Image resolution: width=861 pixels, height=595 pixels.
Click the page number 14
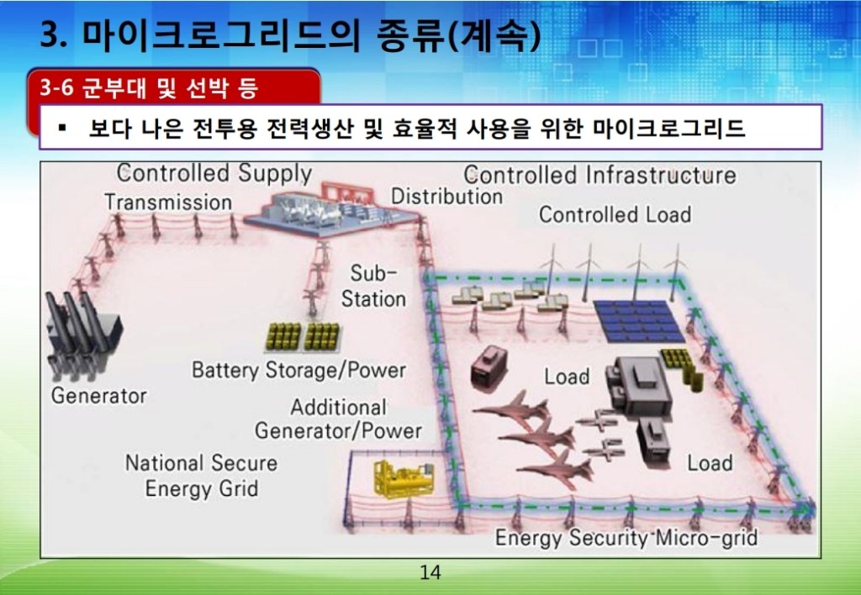[430, 572]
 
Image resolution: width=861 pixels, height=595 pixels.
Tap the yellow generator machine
[404, 478]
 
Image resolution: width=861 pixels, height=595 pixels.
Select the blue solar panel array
[639, 320]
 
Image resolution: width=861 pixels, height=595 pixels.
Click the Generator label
[99, 396]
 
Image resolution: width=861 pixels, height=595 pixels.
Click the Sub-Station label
[373, 287]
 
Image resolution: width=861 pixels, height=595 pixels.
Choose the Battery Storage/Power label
[298, 371]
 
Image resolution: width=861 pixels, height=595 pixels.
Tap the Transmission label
[168, 202]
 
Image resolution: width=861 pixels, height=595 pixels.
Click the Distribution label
[446, 197]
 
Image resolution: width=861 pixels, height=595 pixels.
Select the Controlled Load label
[615, 214]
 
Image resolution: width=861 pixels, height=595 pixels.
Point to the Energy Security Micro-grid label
[626, 537]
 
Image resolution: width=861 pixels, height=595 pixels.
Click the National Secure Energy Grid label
[202, 476]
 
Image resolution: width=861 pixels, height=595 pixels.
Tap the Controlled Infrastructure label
[600, 175]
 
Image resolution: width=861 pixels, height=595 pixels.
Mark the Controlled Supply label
[214, 173]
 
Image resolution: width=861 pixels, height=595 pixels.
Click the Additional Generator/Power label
[338, 419]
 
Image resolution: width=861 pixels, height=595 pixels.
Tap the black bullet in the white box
[62, 129]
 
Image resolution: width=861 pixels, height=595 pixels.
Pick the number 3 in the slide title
[50, 36]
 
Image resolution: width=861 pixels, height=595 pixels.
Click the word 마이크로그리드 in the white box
[668, 128]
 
